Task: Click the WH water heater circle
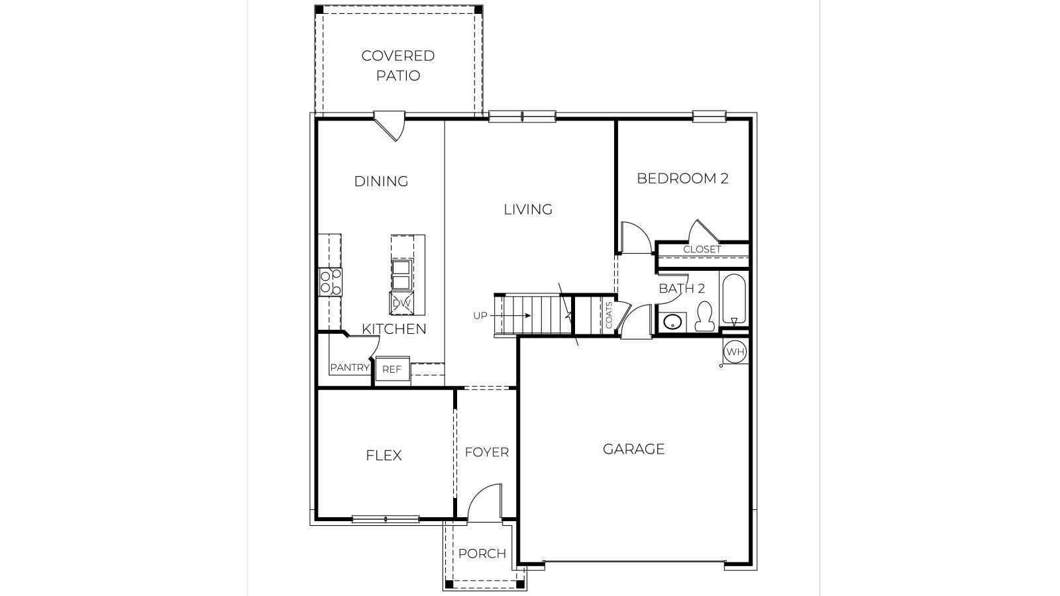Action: [735, 352]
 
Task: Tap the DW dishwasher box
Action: [401, 303]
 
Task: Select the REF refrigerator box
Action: [392, 369]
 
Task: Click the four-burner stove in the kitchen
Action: [331, 282]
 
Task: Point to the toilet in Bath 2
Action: [704, 316]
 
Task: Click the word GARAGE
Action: [633, 449]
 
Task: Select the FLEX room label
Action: [384, 456]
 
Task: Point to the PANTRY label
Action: [350, 368]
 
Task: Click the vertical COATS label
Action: [609, 315]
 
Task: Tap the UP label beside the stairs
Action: [480, 315]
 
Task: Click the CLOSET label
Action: [702, 249]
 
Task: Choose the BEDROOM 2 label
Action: [682, 178]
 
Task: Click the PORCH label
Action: [482, 554]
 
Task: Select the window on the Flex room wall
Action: [386, 519]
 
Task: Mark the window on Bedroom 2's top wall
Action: [710, 115]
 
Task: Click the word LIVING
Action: [528, 209]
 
